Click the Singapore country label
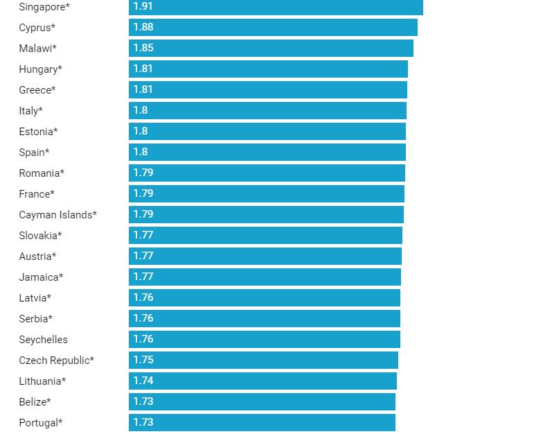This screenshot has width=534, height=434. [44, 7]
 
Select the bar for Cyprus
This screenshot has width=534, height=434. [273, 27]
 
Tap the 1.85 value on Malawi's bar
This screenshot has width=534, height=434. [143, 48]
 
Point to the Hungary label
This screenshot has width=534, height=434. [40, 69]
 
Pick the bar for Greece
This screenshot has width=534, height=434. [268, 89]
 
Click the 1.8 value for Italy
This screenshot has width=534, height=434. [141, 110]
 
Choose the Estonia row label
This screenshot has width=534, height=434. [38, 132]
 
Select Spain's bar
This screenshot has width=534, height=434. [267, 152]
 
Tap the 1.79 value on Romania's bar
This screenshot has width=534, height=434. [143, 173]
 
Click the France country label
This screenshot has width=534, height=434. [37, 194]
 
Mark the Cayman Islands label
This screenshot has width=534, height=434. [57, 215]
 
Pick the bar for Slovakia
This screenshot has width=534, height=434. [265, 235]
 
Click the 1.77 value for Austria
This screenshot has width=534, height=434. [143, 256]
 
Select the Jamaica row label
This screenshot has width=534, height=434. [41, 277]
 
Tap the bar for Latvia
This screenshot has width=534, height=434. [265, 297]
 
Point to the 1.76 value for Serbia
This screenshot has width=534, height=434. [143, 318]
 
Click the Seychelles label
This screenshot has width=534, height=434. [43, 340]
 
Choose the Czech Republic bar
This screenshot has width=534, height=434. [263, 360]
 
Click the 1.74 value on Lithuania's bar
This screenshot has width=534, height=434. [143, 381]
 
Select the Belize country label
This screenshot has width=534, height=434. [35, 402]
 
